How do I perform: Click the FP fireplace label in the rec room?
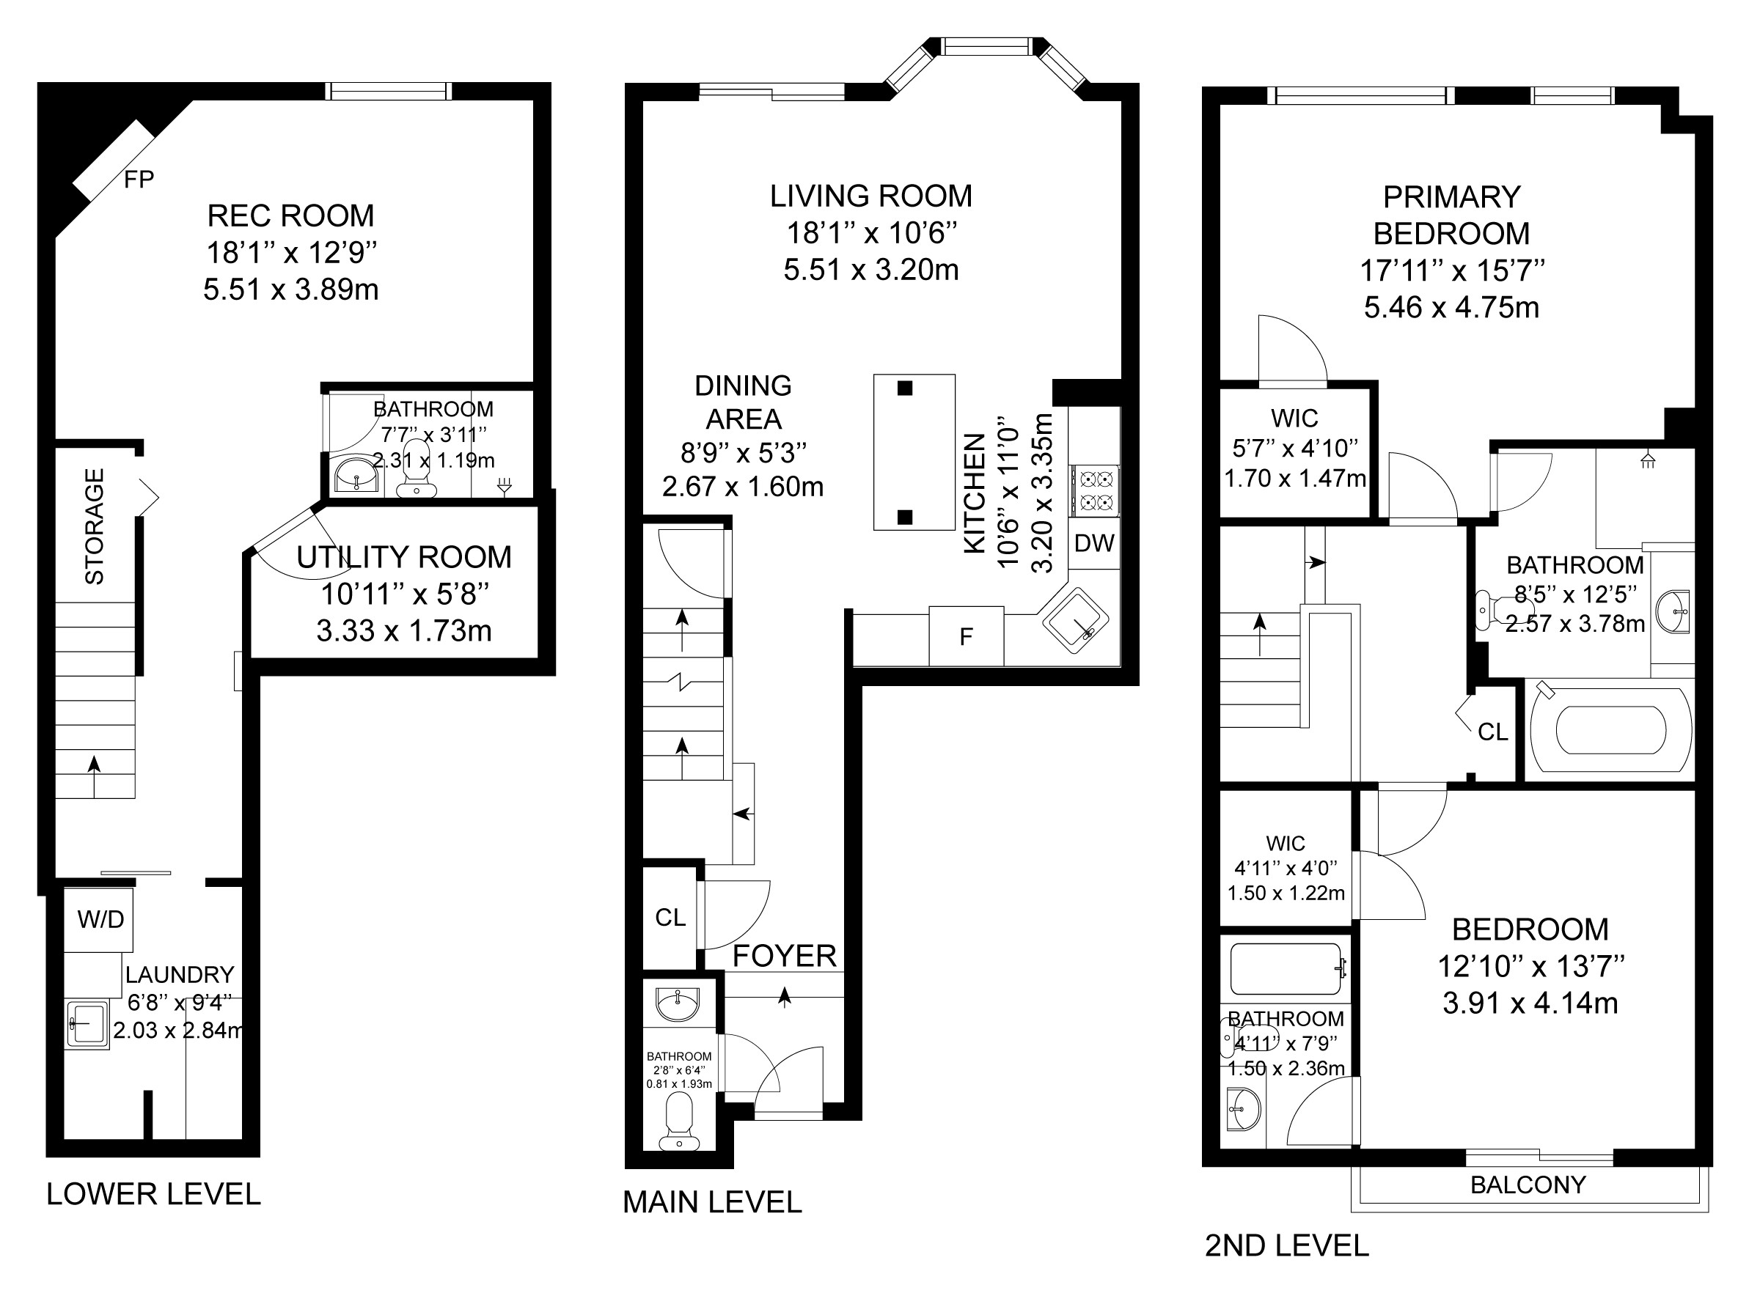(x=139, y=180)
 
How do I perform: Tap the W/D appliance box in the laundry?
(x=100, y=919)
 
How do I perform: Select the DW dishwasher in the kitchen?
(x=1093, y=542)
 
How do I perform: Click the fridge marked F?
(x=966, y=636)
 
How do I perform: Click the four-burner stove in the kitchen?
(x=1094, y=491)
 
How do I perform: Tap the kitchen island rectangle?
(x=914, y=452)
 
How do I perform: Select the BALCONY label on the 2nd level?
(x=1528, y=1185)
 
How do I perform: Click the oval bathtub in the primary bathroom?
(x=1610, y=729)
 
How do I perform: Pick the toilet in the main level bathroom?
(x=679, y=1121)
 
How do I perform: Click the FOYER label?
(x=785, y=956)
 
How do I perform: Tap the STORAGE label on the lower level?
(x=94, y=526)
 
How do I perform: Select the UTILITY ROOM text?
(x=404, y=556)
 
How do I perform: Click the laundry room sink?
(x=87, y=1025)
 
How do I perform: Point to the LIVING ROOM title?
(x=870, y=196)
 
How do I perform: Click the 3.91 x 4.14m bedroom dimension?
(x=1530, y=1003)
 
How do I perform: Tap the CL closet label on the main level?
(x=670, y=916)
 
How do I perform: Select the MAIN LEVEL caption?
(x=713, y=1201)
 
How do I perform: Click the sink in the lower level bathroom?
(x=356, y=474)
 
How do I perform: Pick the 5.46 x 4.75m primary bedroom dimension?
(x=1451, y=307)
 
